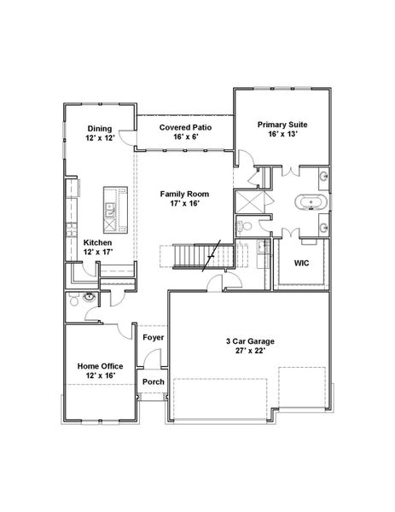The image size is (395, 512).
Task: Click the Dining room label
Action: [98, 128]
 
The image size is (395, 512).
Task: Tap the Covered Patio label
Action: [185, 128]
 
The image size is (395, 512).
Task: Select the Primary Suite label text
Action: [282, 125]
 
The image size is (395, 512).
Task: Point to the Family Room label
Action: [184, 195]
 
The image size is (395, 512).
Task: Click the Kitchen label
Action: [97, 242]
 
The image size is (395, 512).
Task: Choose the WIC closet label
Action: [301, 263]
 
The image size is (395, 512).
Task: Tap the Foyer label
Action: [154, 338]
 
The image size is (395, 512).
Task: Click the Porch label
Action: [154, 381]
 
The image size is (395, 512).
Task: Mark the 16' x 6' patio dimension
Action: [185, 137]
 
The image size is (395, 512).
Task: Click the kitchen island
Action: [111, 210]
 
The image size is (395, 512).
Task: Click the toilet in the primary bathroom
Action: [244, 226]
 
